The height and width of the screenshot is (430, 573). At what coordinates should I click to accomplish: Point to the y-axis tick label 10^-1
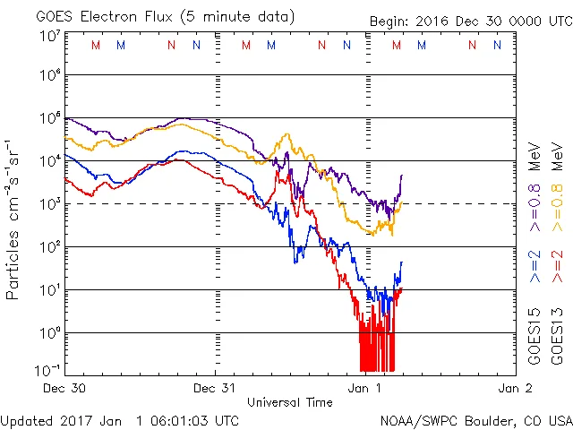pos(49,370)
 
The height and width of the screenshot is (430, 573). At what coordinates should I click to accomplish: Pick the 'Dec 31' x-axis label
pos(216,389)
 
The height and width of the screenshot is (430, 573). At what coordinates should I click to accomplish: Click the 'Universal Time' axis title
pos(291,402)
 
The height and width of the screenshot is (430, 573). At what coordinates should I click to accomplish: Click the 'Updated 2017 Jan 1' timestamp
pos(120,419)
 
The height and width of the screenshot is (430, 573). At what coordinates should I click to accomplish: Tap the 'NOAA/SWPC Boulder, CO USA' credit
pos(475,419)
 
